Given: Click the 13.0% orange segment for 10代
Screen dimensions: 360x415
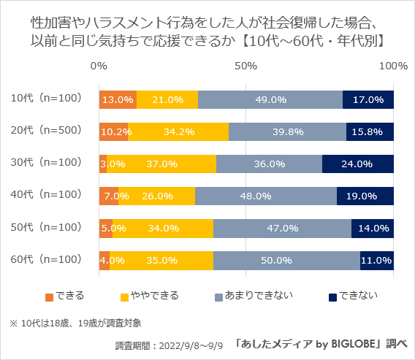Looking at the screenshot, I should (x=118, y=99).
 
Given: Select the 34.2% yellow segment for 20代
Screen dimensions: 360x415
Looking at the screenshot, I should (x=178, y=131).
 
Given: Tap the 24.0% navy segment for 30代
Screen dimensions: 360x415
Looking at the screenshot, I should (x=358, y=164).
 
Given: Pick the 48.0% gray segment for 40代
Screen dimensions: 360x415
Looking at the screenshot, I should (x=266, y=196).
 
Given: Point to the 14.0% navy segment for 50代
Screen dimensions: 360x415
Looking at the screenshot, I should (x=373, y=228).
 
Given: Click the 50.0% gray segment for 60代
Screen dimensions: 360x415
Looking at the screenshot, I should (x=286, y=260).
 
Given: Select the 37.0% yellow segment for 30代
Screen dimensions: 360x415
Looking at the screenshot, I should (x=161, y=164).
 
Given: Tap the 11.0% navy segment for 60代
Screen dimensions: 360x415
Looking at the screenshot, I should (x=377, y=260).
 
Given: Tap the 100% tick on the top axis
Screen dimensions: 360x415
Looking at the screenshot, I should (x=393, y=66).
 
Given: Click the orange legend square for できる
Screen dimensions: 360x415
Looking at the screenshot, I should (x=50, y=296).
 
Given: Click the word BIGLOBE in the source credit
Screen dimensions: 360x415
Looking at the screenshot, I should (x=350, y=343).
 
